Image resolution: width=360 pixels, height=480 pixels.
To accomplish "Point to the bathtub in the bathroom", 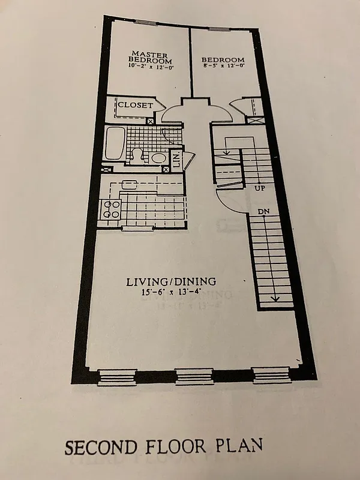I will tap(113, 144).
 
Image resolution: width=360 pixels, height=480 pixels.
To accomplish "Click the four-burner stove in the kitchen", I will tap(112, 209).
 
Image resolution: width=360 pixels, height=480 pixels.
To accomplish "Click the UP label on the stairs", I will tap(260, 188).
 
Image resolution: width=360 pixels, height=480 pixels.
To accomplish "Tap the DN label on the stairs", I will tap(263, 212).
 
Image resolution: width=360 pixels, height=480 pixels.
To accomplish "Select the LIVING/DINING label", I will tap(171, 281).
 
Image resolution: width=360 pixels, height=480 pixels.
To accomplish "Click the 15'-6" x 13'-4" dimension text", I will tap(171, 293).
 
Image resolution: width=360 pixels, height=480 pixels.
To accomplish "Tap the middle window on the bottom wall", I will tap(194, 377).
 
